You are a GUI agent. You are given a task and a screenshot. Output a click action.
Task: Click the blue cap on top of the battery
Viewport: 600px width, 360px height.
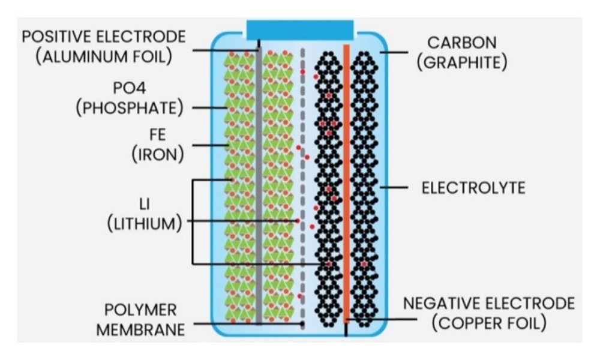[299, 30]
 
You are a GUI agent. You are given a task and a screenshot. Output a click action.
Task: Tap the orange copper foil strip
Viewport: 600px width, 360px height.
[346, 184]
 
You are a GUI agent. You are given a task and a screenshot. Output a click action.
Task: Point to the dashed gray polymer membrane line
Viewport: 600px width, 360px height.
[302, 185]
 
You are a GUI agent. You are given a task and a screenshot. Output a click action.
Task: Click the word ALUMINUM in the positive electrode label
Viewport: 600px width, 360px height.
[82, 56]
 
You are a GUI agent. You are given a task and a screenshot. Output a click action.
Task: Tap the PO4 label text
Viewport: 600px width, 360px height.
[130, 88]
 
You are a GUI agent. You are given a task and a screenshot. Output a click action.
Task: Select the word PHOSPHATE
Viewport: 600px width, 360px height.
[130, 108]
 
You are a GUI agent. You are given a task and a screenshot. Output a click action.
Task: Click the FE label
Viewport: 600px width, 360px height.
[158, 134]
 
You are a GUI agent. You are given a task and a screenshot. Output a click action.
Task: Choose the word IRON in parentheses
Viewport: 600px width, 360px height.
[158, 155]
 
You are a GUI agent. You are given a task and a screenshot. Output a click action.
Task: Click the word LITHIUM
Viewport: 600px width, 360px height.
[144, 224]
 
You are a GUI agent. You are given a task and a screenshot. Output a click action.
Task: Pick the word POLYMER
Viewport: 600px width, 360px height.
[141, 310]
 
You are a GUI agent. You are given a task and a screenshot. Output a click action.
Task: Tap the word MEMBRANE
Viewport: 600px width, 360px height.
[141, 330]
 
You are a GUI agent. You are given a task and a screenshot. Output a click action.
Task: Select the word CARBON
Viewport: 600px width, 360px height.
[462, 43]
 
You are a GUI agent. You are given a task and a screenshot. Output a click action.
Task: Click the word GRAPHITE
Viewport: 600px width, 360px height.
[462, 62]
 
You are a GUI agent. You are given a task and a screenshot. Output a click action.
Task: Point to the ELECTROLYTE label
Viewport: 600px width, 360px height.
[473, 188]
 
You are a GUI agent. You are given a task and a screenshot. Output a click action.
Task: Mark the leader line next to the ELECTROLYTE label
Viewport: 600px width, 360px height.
[394, 187]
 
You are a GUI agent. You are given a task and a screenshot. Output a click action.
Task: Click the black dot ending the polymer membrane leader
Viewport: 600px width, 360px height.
[302, 323]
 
